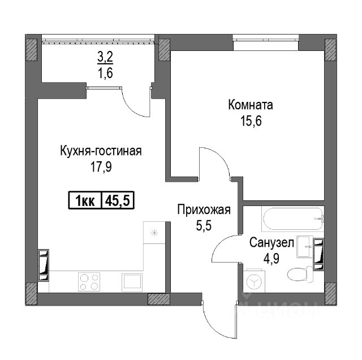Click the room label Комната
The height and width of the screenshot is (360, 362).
tap(251, 105)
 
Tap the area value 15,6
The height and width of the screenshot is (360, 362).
tap(251, 121)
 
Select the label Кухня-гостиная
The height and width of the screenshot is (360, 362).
tap(101, 151)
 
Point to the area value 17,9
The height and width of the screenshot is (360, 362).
tap(101, 167)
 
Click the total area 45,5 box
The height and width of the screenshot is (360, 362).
tap(118, 200)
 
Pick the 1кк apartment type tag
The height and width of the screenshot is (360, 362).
tap(85, 200)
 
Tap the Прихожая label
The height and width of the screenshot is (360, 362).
tap(204, 210)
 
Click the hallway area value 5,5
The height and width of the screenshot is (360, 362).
tap(204, 226)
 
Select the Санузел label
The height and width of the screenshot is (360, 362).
tap(271, 243)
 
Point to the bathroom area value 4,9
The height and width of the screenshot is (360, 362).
tap(271, 258)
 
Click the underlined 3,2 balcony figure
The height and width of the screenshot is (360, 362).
tap(105, 57)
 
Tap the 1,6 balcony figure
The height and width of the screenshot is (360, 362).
tap(106, 73)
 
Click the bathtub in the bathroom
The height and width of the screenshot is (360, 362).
tap(293, 218)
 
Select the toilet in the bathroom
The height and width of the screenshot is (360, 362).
tap(300, 275)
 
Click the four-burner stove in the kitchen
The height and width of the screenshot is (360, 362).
tap(89, 281)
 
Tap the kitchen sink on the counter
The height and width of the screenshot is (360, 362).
tap(132, 281)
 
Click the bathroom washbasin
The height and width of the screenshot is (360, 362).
tap(305, 247)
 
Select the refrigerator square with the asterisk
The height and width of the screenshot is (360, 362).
tap(154, 233)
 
